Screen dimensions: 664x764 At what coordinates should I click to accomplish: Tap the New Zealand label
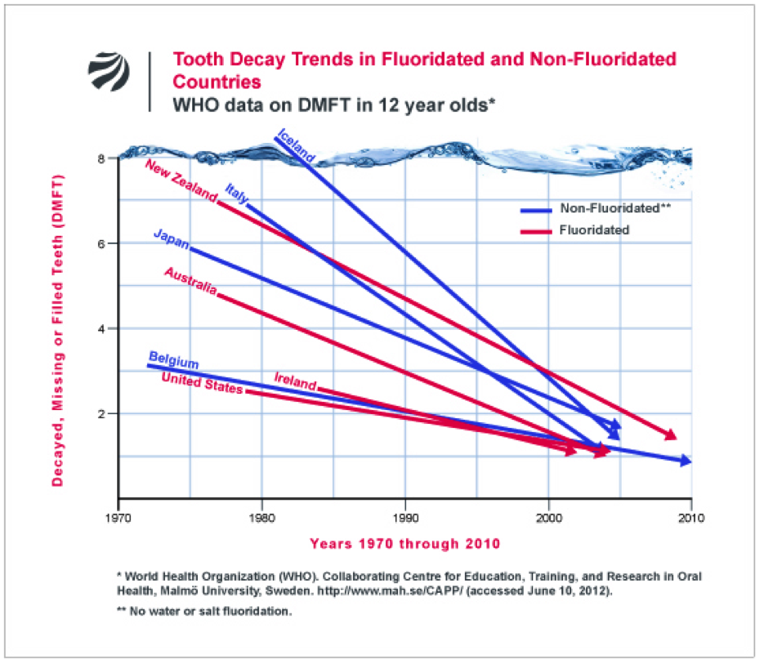click(181, 181)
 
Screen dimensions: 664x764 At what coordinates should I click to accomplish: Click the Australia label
click(190, 281)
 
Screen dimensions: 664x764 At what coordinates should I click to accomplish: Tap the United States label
click(201, 382)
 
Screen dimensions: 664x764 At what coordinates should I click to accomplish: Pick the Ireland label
click(295, 381)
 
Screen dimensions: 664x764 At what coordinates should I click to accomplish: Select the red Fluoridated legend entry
click(593, 230)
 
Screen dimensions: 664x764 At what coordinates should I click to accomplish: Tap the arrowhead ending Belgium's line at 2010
click(686, 461)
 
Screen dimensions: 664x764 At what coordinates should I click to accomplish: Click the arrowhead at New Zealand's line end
click(671, 435)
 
